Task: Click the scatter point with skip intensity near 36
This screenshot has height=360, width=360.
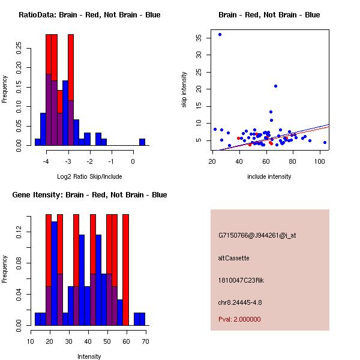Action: coord(220,34)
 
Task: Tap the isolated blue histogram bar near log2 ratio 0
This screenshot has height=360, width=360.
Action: coord(142,142)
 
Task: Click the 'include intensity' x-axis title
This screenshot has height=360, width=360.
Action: coord(269,176)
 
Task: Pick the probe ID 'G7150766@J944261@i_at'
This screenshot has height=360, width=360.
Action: coord(257,235)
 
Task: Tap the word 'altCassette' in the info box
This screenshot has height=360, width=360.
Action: coord(233,258)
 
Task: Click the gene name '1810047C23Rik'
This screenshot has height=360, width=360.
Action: coord(241,280)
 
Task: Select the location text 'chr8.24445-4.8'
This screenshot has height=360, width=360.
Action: coord(240,302)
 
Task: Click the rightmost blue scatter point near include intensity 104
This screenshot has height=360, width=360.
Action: coord(325,142)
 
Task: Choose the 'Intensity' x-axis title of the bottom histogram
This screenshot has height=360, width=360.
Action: coord(89,356)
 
